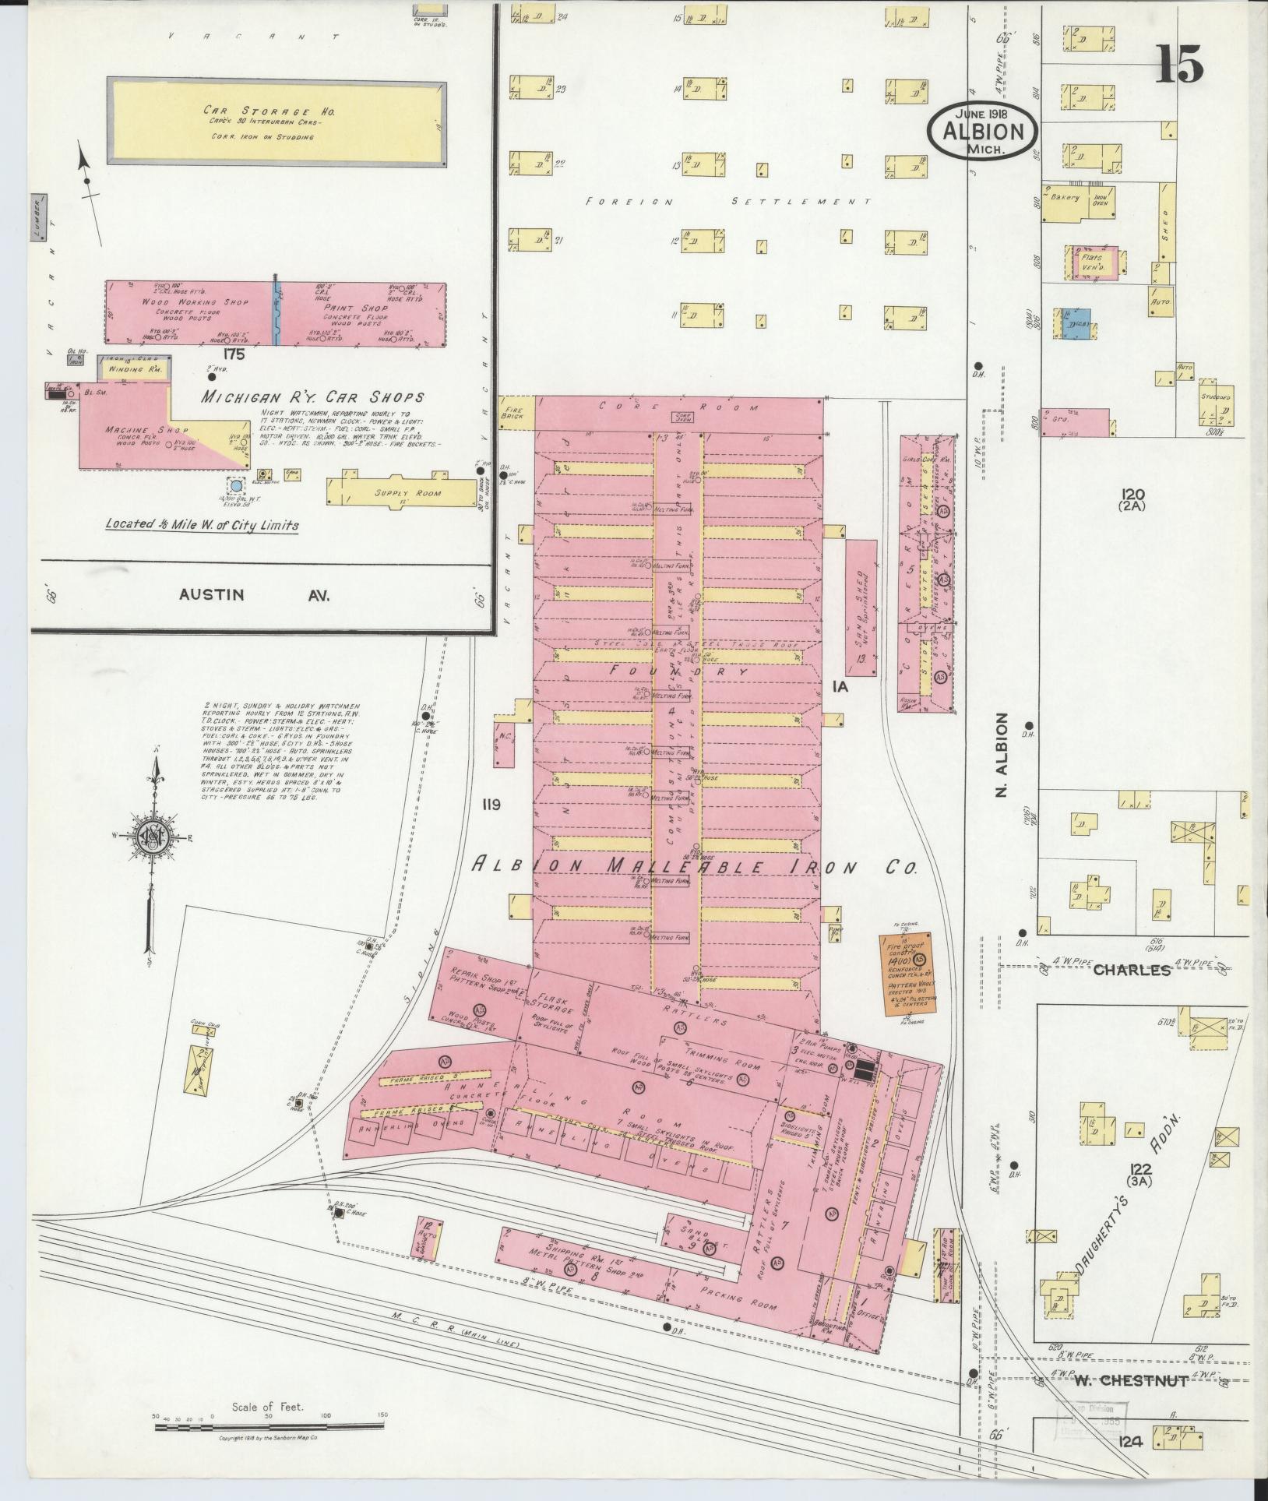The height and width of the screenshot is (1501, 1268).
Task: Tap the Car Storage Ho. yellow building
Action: pyautogui.click(x=278, y=122)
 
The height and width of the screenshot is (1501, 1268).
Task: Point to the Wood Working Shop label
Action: pyautogui.click(x=194, y=301)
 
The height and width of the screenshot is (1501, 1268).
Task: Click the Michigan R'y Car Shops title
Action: pyautogui.click(x=312, y=396)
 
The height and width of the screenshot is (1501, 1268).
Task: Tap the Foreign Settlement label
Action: pyautogui.click(x=727, y=202)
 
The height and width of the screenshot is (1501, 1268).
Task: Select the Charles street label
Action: pyautogui.click(x=1131, y=971)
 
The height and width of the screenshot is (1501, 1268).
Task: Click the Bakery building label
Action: pyautogui.click(x=1064, y=198)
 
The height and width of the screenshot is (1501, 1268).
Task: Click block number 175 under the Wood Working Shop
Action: pyautogui.click(x=232, y=354)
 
